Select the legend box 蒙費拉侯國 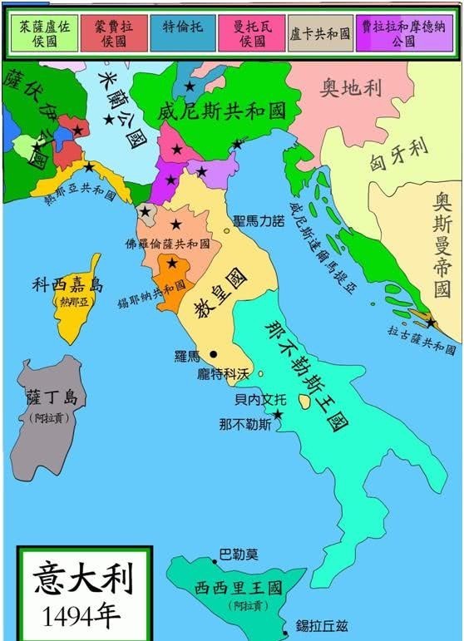click(113, 32)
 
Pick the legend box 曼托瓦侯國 click(251, 32)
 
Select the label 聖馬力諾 click(259, 222)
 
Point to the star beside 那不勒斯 click(278, 414)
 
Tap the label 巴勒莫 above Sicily click(239, 554)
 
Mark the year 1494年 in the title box click(82, 615)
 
